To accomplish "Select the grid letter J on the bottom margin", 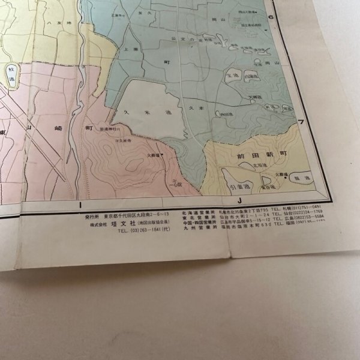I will pos(239,202).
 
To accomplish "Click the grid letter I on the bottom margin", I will pos(80,206).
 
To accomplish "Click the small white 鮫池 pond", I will pos(11,75).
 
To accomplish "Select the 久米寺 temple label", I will pos(125,140).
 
